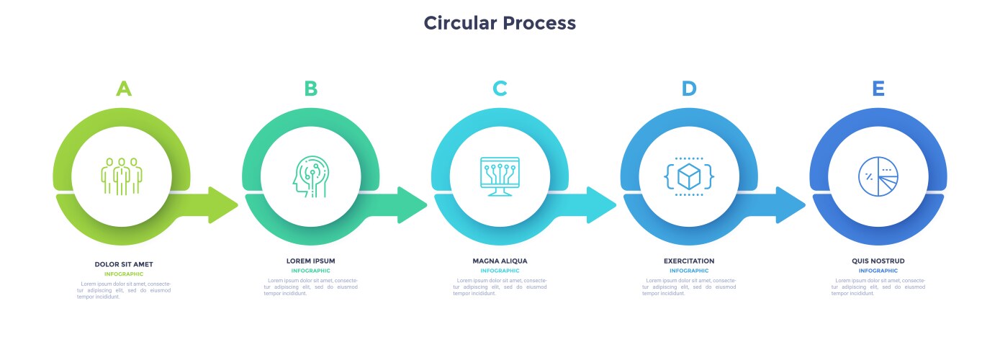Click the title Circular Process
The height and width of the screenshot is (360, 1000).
(x=500, y=23)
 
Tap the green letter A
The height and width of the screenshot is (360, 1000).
(x=124, y=89)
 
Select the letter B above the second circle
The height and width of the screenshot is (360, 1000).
(x=310, y=89)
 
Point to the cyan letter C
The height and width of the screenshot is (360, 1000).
(x=500, y=89)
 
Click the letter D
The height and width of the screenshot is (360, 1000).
(x=689, y=89)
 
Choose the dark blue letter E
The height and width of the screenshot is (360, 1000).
(x=878, y=89)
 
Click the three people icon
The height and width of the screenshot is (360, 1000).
(x=122, y=175)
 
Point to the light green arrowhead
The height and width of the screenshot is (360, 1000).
(x=223, y=204)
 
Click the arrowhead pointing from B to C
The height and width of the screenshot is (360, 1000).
(x=413, y=204)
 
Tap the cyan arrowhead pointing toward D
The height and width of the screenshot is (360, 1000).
(x=602, y=204)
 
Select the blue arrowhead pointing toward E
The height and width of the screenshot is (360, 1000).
(x=791, y=204)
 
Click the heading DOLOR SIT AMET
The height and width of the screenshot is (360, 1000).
(x=124, y=264)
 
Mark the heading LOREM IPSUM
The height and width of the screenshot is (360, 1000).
(x=310, y=261)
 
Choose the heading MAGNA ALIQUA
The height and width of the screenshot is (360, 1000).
(x=500, y=261)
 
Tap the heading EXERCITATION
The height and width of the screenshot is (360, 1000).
(x=689, y=261)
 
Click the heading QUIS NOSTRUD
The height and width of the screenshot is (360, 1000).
(x=878, y=261)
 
